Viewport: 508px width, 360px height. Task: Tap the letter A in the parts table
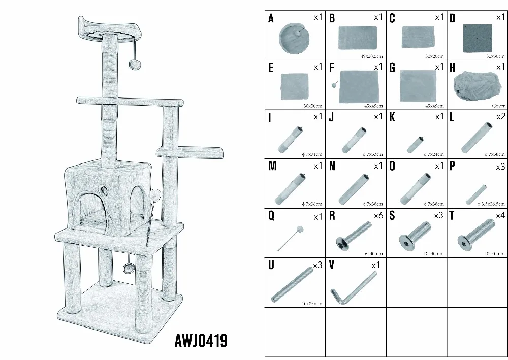coord(271,19)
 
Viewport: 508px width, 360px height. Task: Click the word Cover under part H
coord(498,106)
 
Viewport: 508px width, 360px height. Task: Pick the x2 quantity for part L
coord(500,116)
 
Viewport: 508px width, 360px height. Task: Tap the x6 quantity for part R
coord(378,216)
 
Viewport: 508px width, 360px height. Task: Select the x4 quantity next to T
coord(500,216)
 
